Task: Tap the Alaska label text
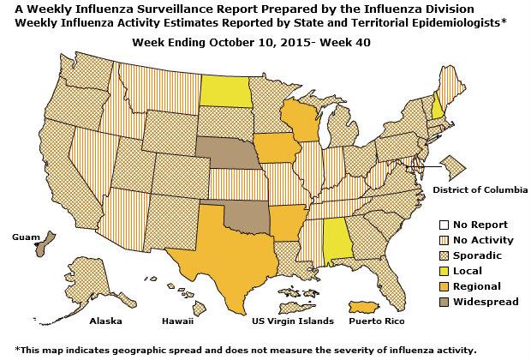click(106, 321)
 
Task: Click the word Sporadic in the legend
click(478, 255)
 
